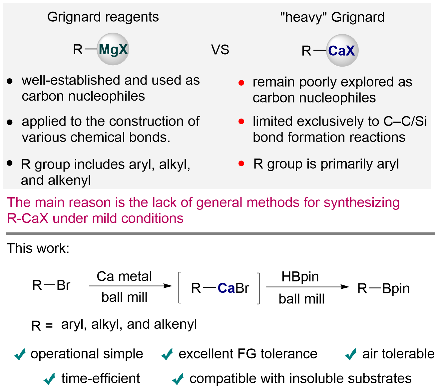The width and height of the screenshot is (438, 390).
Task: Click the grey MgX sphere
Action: [113, 49]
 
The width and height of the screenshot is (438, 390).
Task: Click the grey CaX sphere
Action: [342, 51]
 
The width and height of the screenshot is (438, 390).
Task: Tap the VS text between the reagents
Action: [220, 50]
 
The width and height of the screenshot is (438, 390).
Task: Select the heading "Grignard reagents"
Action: [103, 17]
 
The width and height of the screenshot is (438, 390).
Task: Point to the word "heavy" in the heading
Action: [303, 17]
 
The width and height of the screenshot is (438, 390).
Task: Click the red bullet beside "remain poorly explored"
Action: [241, 83]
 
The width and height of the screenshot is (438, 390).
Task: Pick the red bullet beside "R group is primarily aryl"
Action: [241, 164]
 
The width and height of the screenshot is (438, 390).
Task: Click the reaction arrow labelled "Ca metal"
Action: [130, 286]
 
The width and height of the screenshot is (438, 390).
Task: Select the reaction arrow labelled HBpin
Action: [307, 287]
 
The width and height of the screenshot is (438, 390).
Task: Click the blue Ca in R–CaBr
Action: [226, 288]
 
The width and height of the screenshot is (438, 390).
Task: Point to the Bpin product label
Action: [396, 288]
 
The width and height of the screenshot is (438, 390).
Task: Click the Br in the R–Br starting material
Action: [63, 285]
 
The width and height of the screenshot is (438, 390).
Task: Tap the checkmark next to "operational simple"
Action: [20, 354]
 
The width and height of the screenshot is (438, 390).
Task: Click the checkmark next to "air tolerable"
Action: [351, 354]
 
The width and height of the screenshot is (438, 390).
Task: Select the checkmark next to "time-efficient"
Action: [50, 379]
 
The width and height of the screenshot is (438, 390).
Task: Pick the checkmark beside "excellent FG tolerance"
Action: [167, 354]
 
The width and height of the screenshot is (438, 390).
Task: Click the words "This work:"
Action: [38, 248]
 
